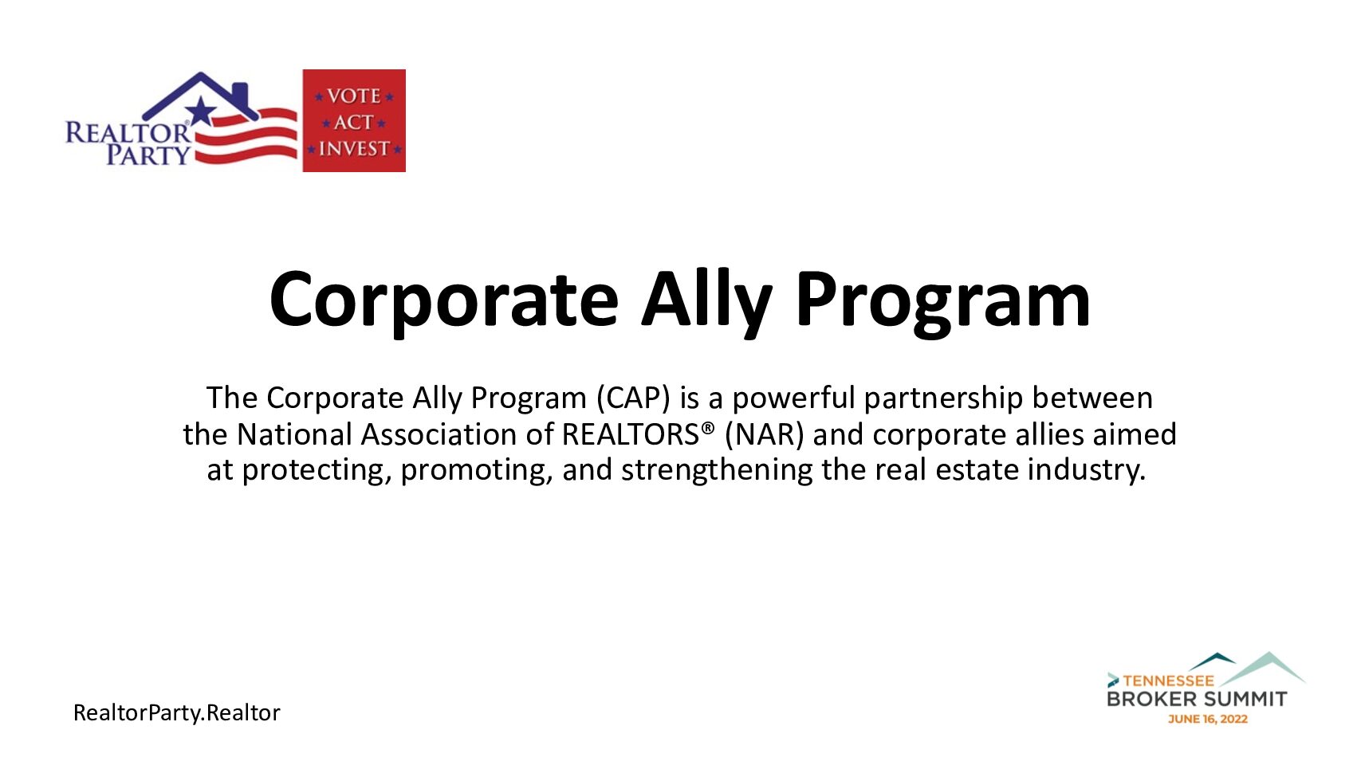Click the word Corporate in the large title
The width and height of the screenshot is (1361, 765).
coord(444,300)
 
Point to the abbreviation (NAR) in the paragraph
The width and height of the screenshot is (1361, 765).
coord(764,435)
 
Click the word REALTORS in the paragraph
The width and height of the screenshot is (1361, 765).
coord(631,434)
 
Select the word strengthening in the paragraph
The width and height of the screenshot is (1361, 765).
coord(717,470)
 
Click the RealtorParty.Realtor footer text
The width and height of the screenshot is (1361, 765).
coord(177,712)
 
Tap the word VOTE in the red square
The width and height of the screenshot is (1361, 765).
coord(354,96)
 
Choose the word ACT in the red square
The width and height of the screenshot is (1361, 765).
coord(354,123)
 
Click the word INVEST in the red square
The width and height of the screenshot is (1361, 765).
coord(354,149)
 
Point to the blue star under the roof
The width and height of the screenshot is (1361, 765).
coord(200,111)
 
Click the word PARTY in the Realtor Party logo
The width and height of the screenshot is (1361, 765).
coord(149,154)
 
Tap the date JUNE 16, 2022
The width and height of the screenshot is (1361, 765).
coord(1208,719)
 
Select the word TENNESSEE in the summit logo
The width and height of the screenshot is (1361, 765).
coord(1168,681)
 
